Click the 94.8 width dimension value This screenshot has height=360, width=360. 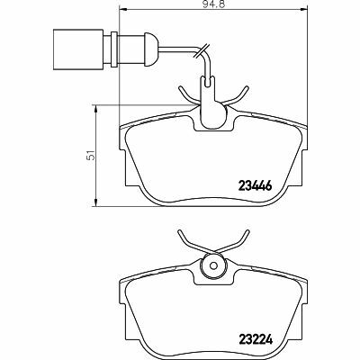pyautogui.click(x=213, y=4)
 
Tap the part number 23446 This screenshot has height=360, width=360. pyautogui.click(x=255, y=186)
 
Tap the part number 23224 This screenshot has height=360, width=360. pyautogui.click(x=256, y=339)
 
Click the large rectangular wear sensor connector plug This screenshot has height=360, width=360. pyautogui.click(x=78, y=49)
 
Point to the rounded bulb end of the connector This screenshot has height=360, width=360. pyautogui.click(x=151, y=49)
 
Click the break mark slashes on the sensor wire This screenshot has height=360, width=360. pyautogui.click(x=202, y=50)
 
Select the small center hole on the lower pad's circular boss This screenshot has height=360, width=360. pyautogui.click(x=213, y=265)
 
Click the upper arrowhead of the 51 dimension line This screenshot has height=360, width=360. pyautogui.click(x=95, y=109)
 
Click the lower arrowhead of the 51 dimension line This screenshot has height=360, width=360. pyautogui.click(x=95, y=202)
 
